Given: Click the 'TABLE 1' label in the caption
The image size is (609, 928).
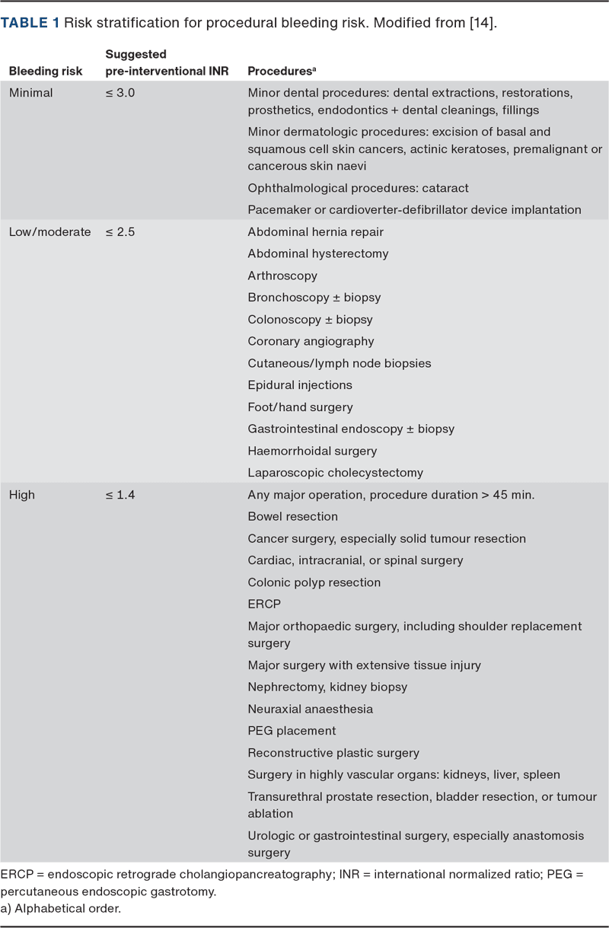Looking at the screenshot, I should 30,23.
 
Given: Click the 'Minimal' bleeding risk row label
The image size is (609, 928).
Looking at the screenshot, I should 30,92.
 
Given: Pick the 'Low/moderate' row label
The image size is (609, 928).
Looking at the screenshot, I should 49,231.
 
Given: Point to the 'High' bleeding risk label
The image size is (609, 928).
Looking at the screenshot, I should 22,495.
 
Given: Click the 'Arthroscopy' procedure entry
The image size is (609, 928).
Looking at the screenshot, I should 282,276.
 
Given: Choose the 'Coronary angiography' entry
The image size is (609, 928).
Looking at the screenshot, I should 311,341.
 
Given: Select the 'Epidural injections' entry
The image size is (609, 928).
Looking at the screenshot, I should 300,385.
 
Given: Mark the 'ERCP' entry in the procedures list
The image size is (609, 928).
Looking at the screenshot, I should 264,604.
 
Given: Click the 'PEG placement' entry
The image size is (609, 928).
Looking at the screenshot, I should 292,731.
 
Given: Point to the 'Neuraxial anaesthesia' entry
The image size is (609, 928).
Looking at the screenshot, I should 310,709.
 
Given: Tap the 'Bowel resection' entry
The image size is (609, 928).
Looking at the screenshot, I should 292,516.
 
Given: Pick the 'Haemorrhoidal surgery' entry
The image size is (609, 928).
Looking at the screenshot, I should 312,451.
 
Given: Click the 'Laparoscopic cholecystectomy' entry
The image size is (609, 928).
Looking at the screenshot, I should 335,473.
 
